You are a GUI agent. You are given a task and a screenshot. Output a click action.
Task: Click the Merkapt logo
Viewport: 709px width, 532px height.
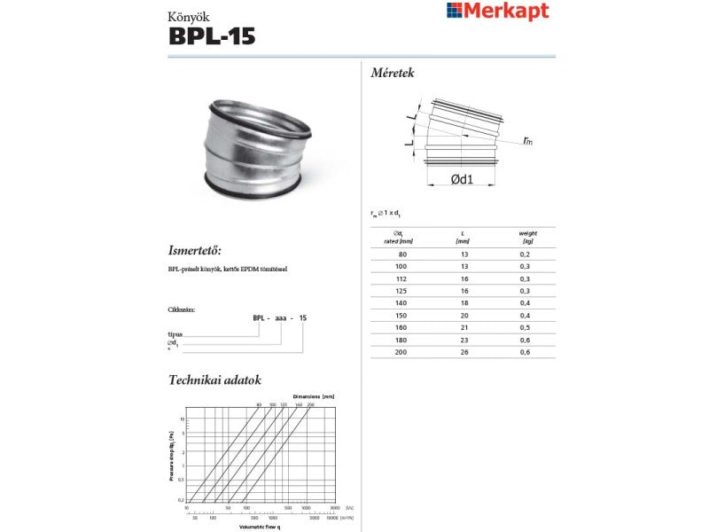(x=497, y=11)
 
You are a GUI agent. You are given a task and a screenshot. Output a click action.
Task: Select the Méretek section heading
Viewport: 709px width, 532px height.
(x=393, y=73)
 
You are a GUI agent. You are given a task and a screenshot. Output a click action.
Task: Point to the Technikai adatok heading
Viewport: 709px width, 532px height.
(x=214, y=379)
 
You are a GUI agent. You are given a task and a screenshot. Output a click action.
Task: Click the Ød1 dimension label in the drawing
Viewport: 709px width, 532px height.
(x=461, y=179)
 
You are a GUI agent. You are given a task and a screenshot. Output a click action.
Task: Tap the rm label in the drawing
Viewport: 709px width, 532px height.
(x=527, y=140)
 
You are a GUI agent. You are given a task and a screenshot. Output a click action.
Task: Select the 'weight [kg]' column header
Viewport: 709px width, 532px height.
(x=527, y=237)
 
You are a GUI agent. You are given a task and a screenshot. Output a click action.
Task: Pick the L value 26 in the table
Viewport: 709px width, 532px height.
(x=462, y=352)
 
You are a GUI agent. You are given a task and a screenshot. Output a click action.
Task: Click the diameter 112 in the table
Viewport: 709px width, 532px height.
(x=402, y=278)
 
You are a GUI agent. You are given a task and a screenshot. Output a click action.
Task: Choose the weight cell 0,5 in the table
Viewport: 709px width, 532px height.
(x=526, y=327)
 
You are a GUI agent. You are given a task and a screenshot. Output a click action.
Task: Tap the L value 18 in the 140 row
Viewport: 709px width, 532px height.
(x=462, y=303)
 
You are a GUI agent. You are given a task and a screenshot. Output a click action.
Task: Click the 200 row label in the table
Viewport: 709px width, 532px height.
(x=402, y=352)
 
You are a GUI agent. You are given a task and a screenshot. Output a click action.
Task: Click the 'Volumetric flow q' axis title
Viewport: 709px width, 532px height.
(x=261, y=527)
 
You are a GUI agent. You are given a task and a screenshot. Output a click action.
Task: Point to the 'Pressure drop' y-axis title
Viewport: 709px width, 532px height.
(x=172, y=456)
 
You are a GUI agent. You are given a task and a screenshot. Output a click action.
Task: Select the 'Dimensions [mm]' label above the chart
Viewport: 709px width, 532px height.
(x=314, y=395)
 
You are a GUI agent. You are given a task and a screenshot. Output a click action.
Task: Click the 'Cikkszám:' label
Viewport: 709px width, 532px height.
(x=181, y=309)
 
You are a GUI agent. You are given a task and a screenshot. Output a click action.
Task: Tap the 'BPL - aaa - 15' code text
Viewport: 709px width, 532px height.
(x=279, y=317)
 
